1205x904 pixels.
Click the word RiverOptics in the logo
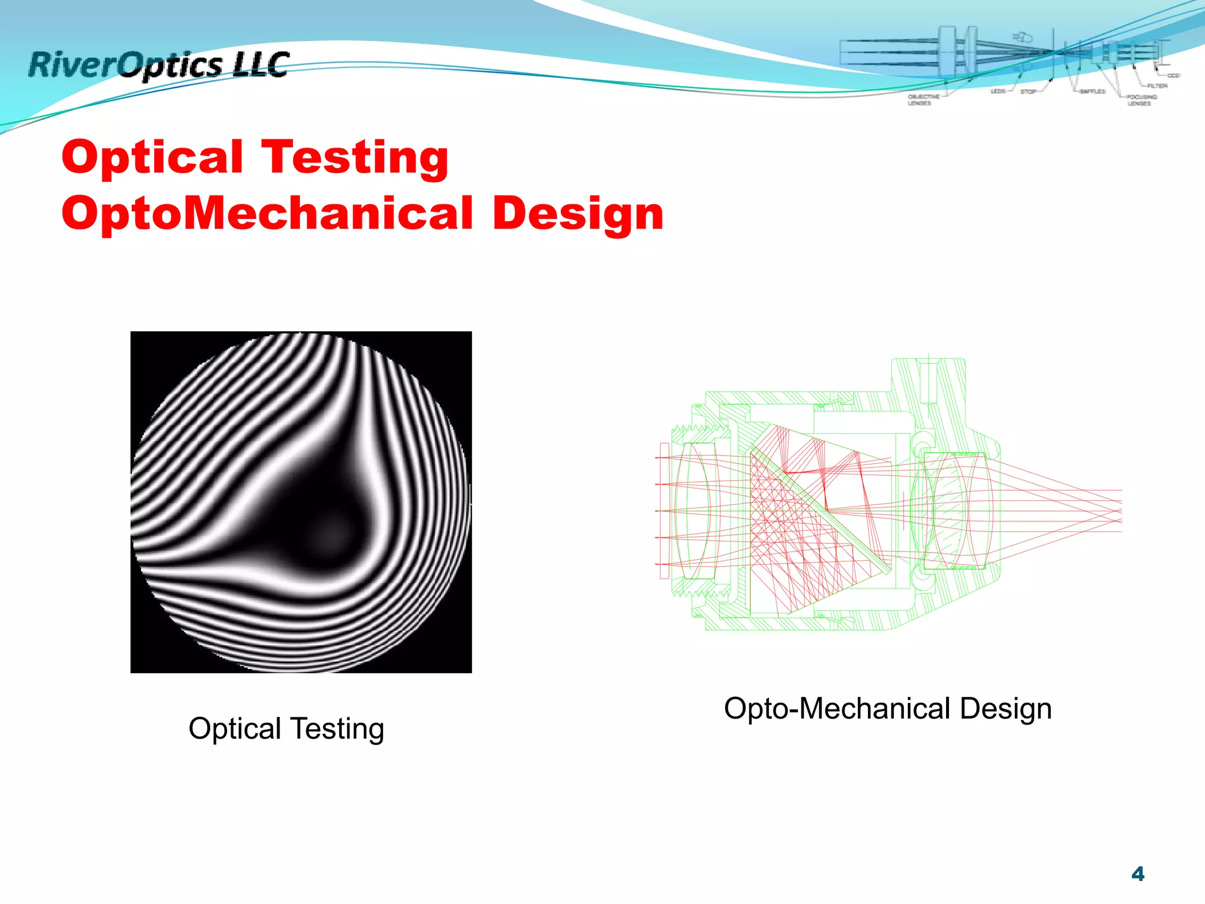(x=125, y=65)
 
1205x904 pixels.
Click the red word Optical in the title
(x=152, y=157)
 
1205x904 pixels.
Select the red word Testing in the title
(x=355, y=158)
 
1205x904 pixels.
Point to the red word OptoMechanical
(x=267, y=213)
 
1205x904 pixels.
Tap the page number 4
(x=1137, y=874)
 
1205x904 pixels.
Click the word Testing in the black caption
(x=338, y=729)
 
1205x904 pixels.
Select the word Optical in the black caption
(x=235, y=729)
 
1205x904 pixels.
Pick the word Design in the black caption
(x=1006, y=709)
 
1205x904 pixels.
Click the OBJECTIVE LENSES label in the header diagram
(x=923, y=99)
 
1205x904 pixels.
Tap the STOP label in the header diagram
(x=1028, y=92)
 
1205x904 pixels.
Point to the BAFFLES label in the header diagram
(x=1092, y=92)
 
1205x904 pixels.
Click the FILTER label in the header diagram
(x=1157, y=86)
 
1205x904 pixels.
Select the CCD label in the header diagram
(x=1173, y=76)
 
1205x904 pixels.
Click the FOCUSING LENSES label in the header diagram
(x=1141, y=100)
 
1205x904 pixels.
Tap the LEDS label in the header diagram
(x=998, y=92)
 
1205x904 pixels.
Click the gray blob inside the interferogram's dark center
(x=329, y=533)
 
